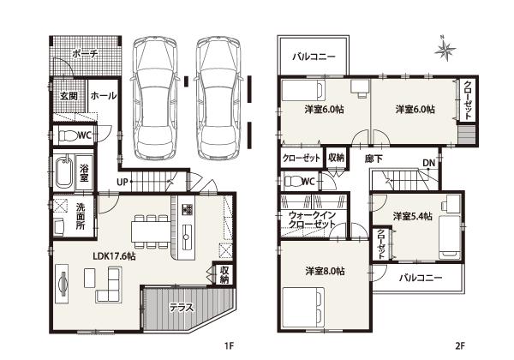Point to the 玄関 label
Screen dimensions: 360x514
pos(69,96)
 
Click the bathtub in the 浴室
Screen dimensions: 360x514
pos(62,175)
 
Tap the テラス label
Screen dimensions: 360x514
pos(180,307)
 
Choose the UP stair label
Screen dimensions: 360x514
pos(124,183)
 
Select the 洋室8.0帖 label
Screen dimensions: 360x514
pos(325,272)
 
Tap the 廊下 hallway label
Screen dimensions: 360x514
pos(373,159)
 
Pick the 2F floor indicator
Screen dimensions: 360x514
pos(459,347)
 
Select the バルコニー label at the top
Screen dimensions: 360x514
pos(313,57)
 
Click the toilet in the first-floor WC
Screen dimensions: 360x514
pos(65,135)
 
